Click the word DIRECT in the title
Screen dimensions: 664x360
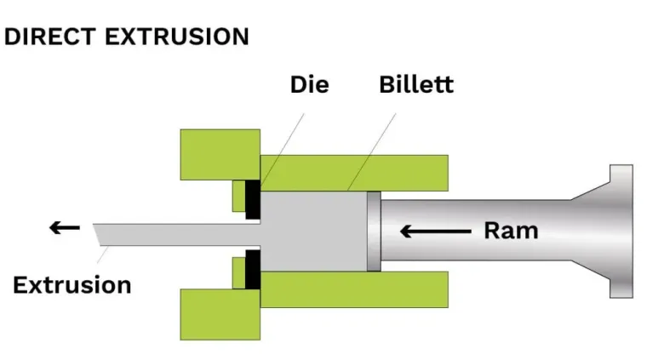coord(50,37)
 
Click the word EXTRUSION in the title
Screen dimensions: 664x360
coord(177,37)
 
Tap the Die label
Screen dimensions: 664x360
coord(310,85)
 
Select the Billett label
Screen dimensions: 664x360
coord(416,84)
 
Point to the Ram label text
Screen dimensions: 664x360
coord(511,231)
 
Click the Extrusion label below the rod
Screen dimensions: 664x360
coord(72,284)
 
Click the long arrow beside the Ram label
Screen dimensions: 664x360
coord(436,231)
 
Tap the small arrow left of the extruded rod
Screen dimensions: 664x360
coord(65,228)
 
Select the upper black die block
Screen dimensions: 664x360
coord(253,199)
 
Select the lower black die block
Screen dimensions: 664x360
coord(253,270)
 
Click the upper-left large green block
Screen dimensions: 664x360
coord(220,155)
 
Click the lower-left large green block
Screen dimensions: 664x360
coord(220,314)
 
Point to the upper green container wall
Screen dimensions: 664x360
coord(354,173)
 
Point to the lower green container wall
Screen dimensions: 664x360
coord(354,289)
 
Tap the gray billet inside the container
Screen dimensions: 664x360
coord(314,231)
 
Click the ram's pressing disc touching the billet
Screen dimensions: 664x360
coord(374,231)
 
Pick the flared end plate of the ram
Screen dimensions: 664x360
coord(621,231)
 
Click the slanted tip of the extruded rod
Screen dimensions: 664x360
coord(97,234)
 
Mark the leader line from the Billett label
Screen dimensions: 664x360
coord(372,151)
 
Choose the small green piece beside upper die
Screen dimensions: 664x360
coord(239,196)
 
